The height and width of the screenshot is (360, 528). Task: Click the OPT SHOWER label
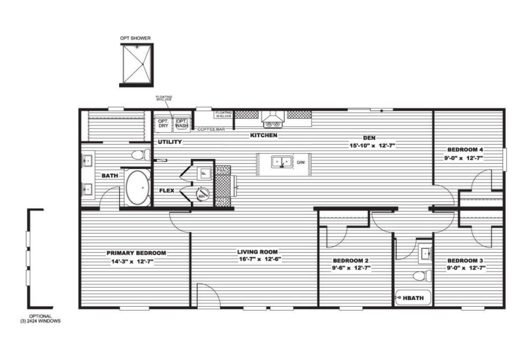pos(135,38)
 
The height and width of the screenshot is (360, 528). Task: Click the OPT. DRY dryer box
pos(163,123)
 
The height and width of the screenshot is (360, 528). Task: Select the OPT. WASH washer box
pos(181,123)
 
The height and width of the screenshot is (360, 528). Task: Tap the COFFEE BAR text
pos(211,129)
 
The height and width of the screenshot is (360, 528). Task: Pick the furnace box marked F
pos(203,173)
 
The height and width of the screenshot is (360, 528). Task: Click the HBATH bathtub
pos(412,297)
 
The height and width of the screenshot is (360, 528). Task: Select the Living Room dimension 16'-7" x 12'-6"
pos(257,259)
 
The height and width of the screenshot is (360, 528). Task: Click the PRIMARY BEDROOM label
pos(136,253)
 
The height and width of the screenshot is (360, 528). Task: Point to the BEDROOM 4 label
pos(465,150)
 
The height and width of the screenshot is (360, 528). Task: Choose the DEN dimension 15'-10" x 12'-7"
pos(370,145)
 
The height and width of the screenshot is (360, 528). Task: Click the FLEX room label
pos(167,191)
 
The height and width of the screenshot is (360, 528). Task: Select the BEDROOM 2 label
pos(351,261)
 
